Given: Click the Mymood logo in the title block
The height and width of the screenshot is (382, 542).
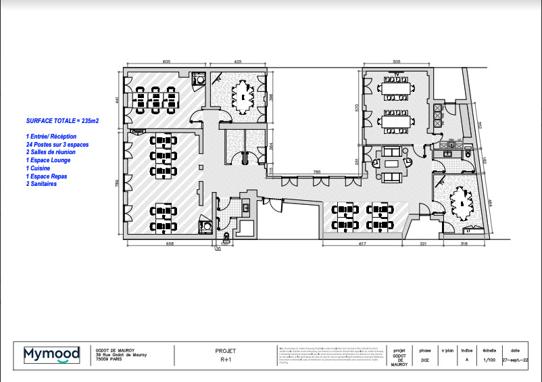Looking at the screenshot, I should click(52, 354).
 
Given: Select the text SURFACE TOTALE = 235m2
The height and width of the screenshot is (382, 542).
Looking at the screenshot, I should click(62, 120).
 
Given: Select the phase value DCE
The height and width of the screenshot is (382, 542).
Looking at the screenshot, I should click(424, 360).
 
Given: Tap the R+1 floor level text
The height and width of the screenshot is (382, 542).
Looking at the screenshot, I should click(225, 360).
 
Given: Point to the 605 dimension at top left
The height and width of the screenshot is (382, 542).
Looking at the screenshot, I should click(166, 62).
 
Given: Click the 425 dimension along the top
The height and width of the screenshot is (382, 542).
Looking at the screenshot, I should click(238, 62).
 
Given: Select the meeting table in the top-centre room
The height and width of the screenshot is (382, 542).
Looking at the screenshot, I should click(241, 97).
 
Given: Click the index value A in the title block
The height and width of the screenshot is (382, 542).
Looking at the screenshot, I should click(466, 360).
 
